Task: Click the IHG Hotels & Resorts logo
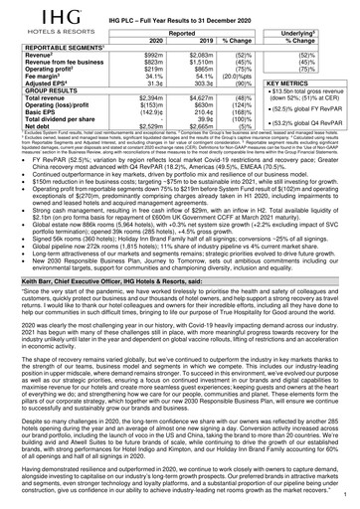coord(32,18)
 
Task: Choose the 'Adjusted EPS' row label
coord(37,87)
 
